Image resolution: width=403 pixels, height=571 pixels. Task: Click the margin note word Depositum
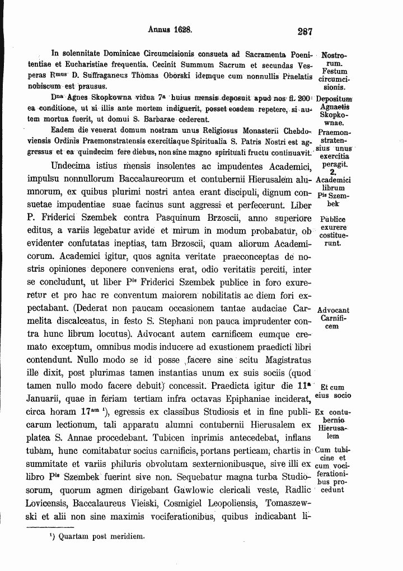click(x=333, y=99)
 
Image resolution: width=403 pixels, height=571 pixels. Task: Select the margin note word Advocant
click(x=333, y=310)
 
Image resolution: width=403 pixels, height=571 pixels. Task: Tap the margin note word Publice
click(x=333, y=220)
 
